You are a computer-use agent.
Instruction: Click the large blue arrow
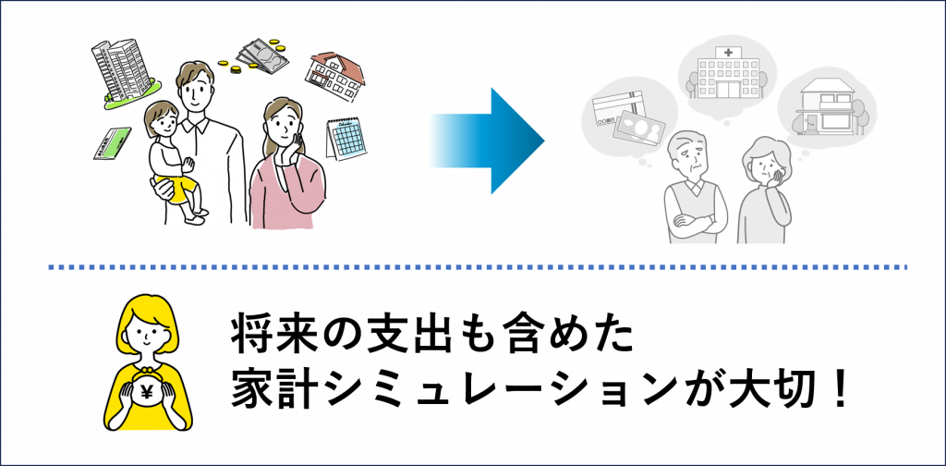(488, 141)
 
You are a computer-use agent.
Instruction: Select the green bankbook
(112, 143)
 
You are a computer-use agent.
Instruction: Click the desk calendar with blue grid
(346, 139)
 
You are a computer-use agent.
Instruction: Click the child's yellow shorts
(176, 184)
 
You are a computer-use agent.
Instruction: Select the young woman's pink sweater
(287, 193)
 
